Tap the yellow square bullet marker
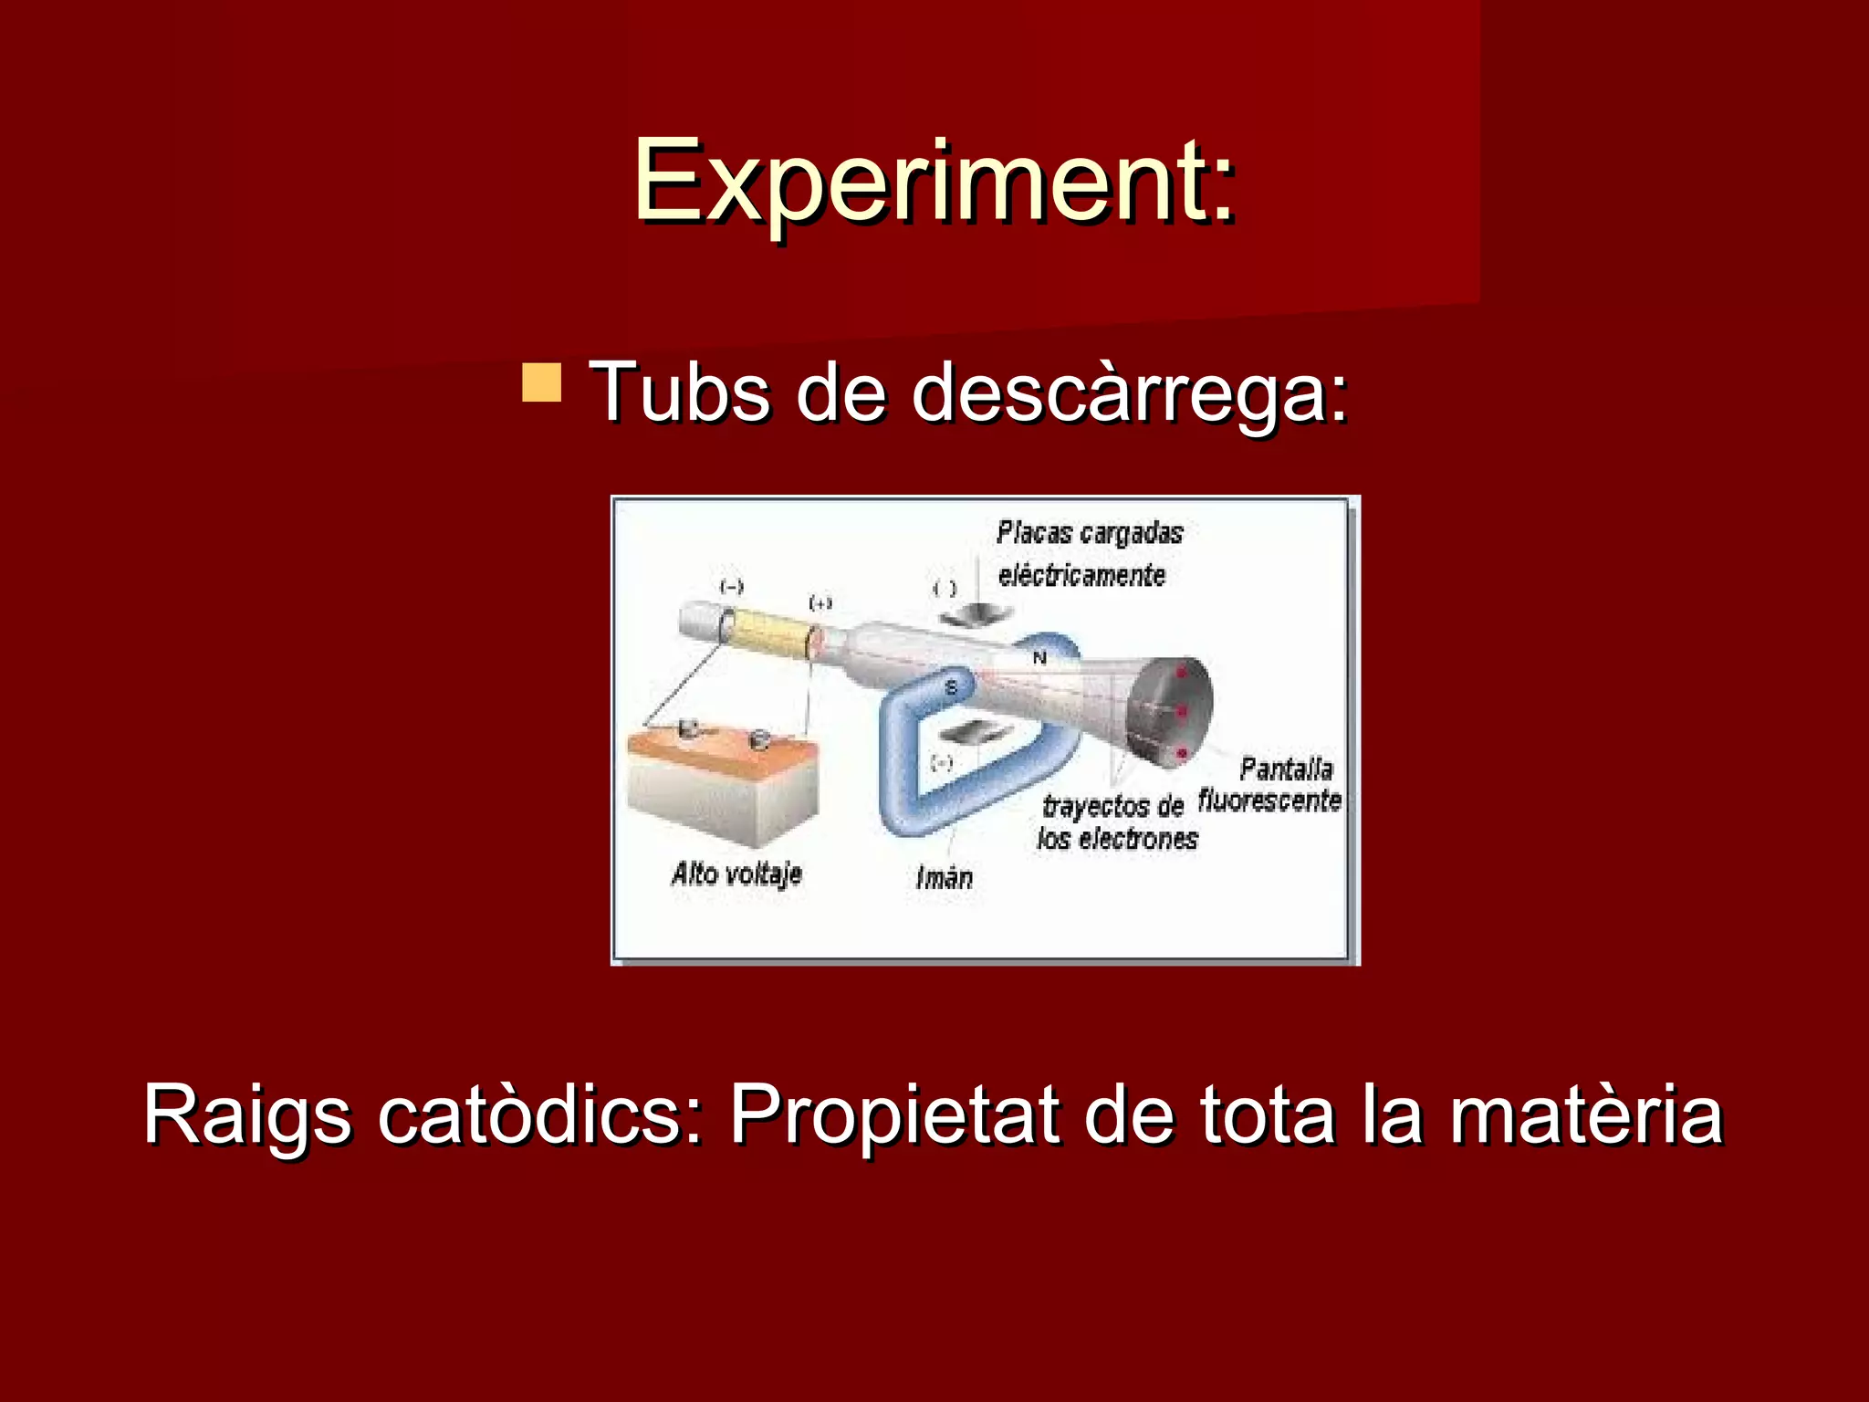[x=541, y=382]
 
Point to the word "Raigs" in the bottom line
[x=246, y=1114]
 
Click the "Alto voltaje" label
[x=736, y=874]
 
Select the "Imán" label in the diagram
[x=944, y=877]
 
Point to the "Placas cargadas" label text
[x=1090, y=532]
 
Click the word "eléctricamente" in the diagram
[x=1081, y=575]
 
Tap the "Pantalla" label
[x=1286, y=769]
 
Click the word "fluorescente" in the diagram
[x=1269, y=800]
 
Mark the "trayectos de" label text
[x=1112, y=806]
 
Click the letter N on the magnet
[x=1039, y=657]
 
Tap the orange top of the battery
[x=721, y=755]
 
